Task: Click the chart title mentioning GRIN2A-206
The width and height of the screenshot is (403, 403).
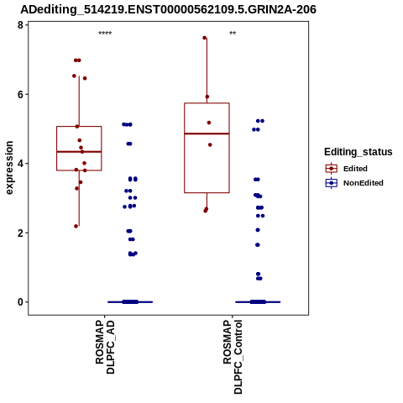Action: pyautogui.click(x=168, y=9)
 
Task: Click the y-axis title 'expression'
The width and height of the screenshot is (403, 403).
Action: pyautogui.click(x=9, y=168)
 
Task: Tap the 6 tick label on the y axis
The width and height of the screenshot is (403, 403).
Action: pyautogui.click(x=20, y=94)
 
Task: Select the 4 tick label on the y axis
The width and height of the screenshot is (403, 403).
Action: pyautogui.click(x=20, y=164)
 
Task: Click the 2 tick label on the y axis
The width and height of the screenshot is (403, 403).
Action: pyautogui.click(x=20, y=233)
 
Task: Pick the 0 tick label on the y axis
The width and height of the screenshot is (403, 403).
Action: pyautogui.click(x=20, y=302)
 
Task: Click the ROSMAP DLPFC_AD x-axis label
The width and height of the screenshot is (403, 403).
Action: pyautogui.click(x=105, y=347)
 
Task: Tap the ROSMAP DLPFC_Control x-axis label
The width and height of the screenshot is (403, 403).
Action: pyautogui.click(x=233, y=357)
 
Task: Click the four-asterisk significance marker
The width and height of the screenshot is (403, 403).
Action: pyautogui.click(x=105, y=34)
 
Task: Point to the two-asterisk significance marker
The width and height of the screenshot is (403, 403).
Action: pyautogui.click(x=233, y=34)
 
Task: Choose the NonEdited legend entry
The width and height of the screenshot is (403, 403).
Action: pyautogui.click(x=354, y=183)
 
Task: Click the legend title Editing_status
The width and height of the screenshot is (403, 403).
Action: pyautogui.click(x=359, y=152)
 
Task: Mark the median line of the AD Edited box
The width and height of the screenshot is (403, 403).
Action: pyautogui.click(x=79, y=152)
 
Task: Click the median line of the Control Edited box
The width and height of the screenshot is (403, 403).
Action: pyautogui.click(x=207, y=133)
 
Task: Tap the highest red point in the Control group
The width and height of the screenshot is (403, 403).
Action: pyautogui.click(x=205, y=38)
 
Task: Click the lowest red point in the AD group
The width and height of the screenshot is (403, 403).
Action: pyautogui.click(x=76, y=226)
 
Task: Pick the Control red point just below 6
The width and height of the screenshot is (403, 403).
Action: pyautogui.click(x=207, y=97)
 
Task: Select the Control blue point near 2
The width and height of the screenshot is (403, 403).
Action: pyautogui.click(x=258, y=230)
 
